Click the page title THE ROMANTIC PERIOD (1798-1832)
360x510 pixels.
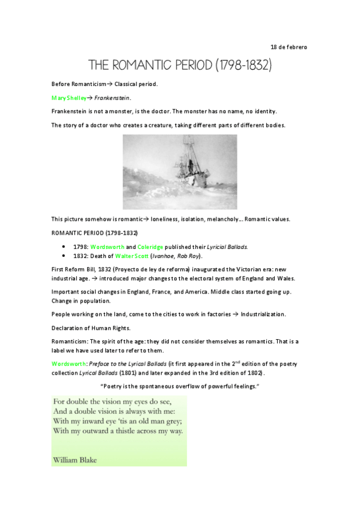pyautogui.click(x=180, y=64)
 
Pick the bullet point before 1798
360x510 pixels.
pyautogui.click(x=64, y=247)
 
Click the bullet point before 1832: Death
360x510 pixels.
pyautogui.click(x=64, y=256)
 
